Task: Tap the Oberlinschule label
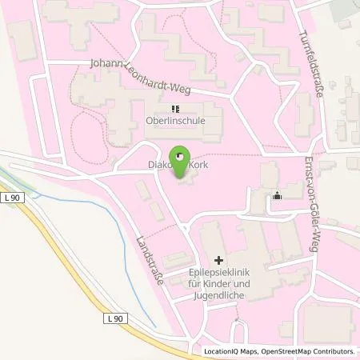[175, 122]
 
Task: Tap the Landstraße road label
[150, 251]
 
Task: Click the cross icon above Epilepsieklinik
[219, 260]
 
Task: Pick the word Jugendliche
[219, 295]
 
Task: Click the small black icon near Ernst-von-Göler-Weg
[278, 194]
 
